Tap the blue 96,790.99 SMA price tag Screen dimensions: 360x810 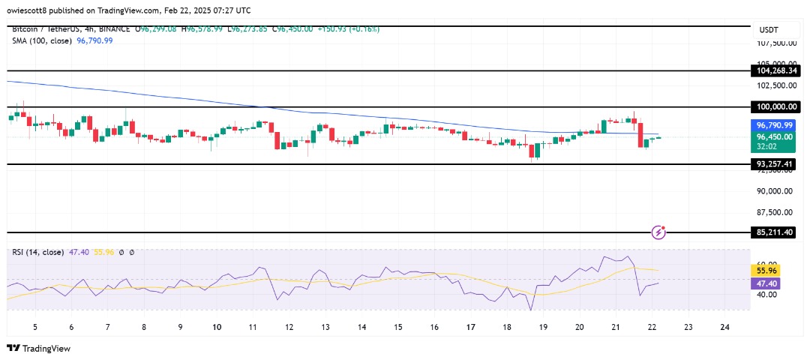[x=775, y=126]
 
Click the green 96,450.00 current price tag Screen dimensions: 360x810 [x=775, y=137]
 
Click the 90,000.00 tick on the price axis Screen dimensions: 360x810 [x=775, y=190]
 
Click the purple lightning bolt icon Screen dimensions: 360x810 [x=658, y=232]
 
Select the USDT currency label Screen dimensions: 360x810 [x=769, y=29]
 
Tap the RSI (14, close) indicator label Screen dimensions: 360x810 [x=38, y=253]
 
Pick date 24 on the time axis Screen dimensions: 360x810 [x=724, y=327]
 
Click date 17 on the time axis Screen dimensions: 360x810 [x=470, y=327]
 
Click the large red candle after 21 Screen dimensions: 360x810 [x=640, y=134]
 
